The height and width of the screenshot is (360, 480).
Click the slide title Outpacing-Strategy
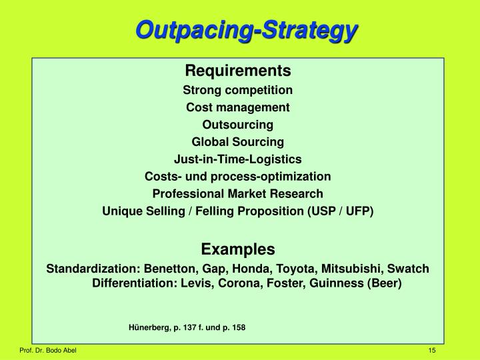click(x=247, y=30)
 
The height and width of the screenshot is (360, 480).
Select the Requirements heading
click(x=238, y=70)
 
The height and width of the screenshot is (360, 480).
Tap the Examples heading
click(x=238, y=249)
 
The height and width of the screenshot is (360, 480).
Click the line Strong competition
click(x=238, y=89)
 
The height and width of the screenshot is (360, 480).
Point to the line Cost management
click(x=238, y=107)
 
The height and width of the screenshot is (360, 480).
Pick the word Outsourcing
click(x=238, y=125)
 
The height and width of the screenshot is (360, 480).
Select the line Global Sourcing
click(x=238, y=142)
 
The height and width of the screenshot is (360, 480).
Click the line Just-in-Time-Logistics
click(x=238, y=159)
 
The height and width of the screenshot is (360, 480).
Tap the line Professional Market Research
click(x=238, y=194)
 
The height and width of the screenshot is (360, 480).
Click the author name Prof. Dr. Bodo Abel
click(x=47, y=351)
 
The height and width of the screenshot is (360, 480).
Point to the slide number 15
click(x=433, y=351)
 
